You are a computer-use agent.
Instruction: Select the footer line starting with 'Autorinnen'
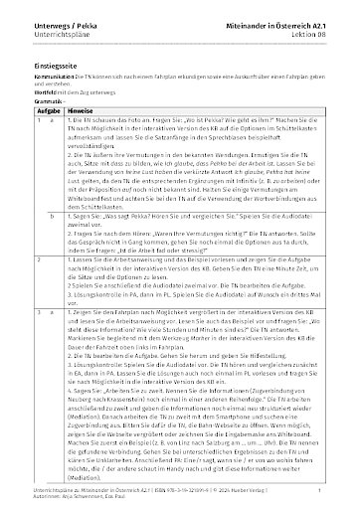[71, 498]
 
